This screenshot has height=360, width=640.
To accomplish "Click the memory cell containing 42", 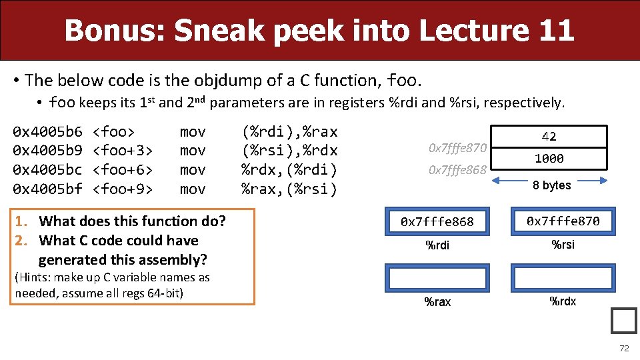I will point(549,137).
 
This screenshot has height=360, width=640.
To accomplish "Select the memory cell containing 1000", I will point(549,158).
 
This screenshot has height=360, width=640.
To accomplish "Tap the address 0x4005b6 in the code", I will point(48,131).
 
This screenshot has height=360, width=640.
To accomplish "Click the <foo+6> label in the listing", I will point(125,170).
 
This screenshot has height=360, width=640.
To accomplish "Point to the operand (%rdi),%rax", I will point(289,131).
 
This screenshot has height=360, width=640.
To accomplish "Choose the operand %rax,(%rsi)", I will point(289,189).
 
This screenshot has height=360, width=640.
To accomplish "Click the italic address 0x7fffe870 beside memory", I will point(458,147).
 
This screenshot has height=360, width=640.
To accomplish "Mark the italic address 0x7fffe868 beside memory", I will point(458,170).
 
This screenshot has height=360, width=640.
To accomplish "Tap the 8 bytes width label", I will point(552,185).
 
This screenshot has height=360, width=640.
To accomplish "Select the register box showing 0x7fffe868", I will point(437,221).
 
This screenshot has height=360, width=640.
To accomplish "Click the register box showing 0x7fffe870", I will point(563,221).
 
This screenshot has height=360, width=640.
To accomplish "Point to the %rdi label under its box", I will point(437,245).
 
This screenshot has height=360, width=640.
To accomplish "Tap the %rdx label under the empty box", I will point(563,301).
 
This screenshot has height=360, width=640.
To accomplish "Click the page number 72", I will point(624,349).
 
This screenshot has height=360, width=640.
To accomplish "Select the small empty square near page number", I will point(624,321).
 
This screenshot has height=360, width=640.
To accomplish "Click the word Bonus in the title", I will point(111,31).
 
